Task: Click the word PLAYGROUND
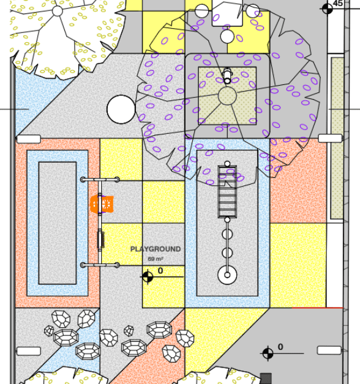(156, 249)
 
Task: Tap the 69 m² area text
(156, 259)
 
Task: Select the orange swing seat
(102, 204)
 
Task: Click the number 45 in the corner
(338, 4)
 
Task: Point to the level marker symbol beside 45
(328, 9)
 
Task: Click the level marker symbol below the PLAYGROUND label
(148, 277)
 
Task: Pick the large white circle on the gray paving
(121, 109)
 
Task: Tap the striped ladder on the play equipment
(227, 192)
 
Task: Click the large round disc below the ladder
(227, 275)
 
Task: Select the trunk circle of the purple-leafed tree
(227, 96)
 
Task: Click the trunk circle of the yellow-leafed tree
(58, 11)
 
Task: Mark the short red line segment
(317, 308)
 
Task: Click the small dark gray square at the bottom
(266, 378)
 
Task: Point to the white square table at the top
(227, 13)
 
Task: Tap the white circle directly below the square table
(227, 36)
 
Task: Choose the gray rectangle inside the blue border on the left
(58, 223)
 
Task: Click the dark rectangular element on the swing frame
(101, 240)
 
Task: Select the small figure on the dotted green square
(227, 75)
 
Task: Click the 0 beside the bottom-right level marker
(280, 347)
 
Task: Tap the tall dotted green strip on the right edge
(337, 138)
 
